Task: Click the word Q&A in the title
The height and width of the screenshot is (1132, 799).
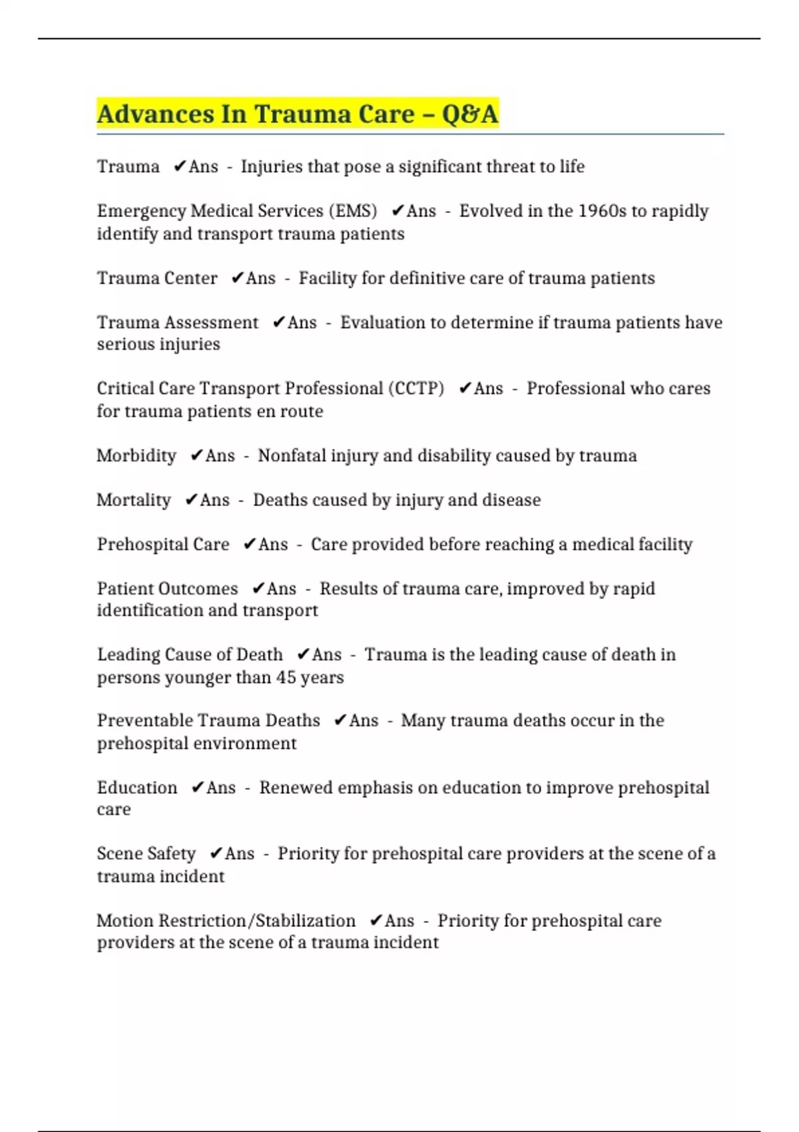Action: [469, 114]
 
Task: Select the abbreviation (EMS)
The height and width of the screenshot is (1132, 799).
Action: [353, 211]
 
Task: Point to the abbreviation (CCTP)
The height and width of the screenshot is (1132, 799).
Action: [416, 389]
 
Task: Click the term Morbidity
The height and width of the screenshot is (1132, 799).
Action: [136, 456]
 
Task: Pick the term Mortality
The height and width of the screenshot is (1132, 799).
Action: [134, 500]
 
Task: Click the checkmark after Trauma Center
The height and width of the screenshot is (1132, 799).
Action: [237, 278]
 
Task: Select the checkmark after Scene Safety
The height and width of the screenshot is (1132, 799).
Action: [216, 854]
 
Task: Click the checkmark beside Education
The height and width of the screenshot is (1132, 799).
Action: [197, 788]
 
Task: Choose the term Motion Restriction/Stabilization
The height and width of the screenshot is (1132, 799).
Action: [226, 921]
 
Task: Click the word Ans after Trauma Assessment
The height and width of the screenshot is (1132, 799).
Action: [302, 323]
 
